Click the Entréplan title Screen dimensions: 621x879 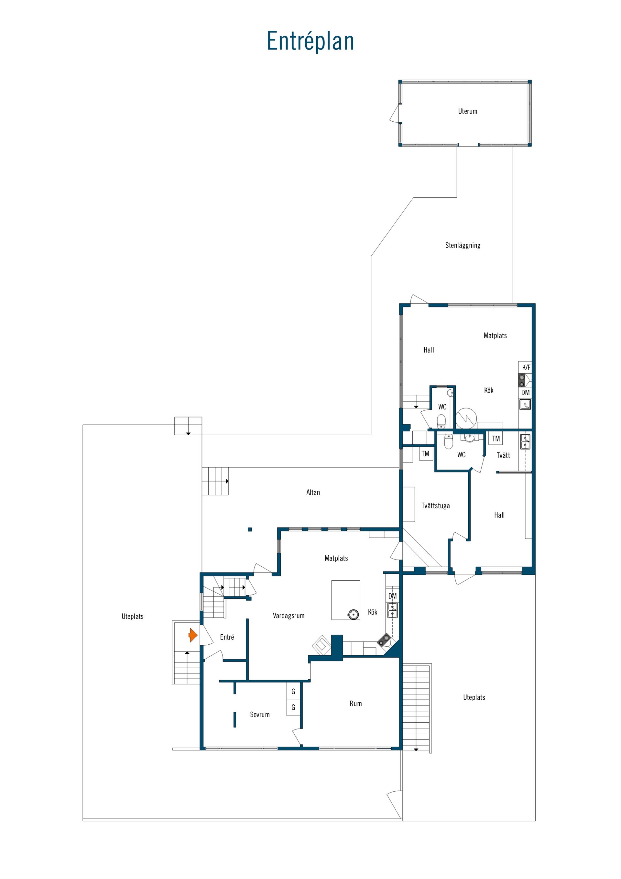[x=310, y=41]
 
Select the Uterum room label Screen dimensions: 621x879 [x=468, y=111]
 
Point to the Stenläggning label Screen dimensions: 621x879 [x=463, y=245]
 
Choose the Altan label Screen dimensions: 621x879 [x=313, y=492]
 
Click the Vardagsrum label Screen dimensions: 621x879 [x=289, y=616]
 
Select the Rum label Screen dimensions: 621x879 [x=355, y=703]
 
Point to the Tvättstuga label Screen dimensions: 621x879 [x=435, y=506]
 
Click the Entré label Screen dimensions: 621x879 [x=227, y=637]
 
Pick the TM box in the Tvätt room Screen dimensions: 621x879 [x=496, y=439]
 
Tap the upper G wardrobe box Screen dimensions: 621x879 [x=293, y=692]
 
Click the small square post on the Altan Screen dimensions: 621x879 [x=250, y=530]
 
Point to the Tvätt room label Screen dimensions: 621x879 [x=503, y=455]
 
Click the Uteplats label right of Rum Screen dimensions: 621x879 [x=474, y=697]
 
